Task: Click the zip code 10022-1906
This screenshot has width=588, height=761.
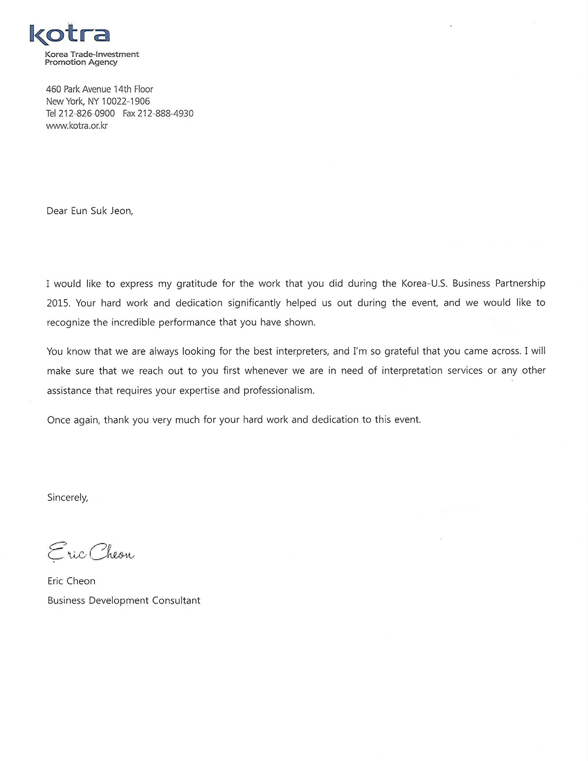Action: click(125, 101)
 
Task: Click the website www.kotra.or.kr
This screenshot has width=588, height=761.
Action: click(77, 126)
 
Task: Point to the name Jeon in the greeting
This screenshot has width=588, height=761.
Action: click(121, 211)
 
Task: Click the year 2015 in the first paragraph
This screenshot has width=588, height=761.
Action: click(58, 303)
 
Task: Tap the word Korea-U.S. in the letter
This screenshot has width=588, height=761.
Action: click(422, 283)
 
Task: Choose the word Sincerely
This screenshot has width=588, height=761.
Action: click(68, 497)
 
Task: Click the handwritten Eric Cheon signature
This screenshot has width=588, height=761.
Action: click(91, 552)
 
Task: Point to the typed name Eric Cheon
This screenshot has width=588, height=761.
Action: click(72, 581)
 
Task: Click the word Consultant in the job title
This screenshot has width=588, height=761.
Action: click(176, 600)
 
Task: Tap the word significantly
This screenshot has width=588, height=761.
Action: click(254, 303)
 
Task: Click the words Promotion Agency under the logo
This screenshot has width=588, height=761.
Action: click(81, 62)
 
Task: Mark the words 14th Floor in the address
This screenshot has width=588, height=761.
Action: click(133, 89)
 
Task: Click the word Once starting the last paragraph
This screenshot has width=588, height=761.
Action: click(58, 420)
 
